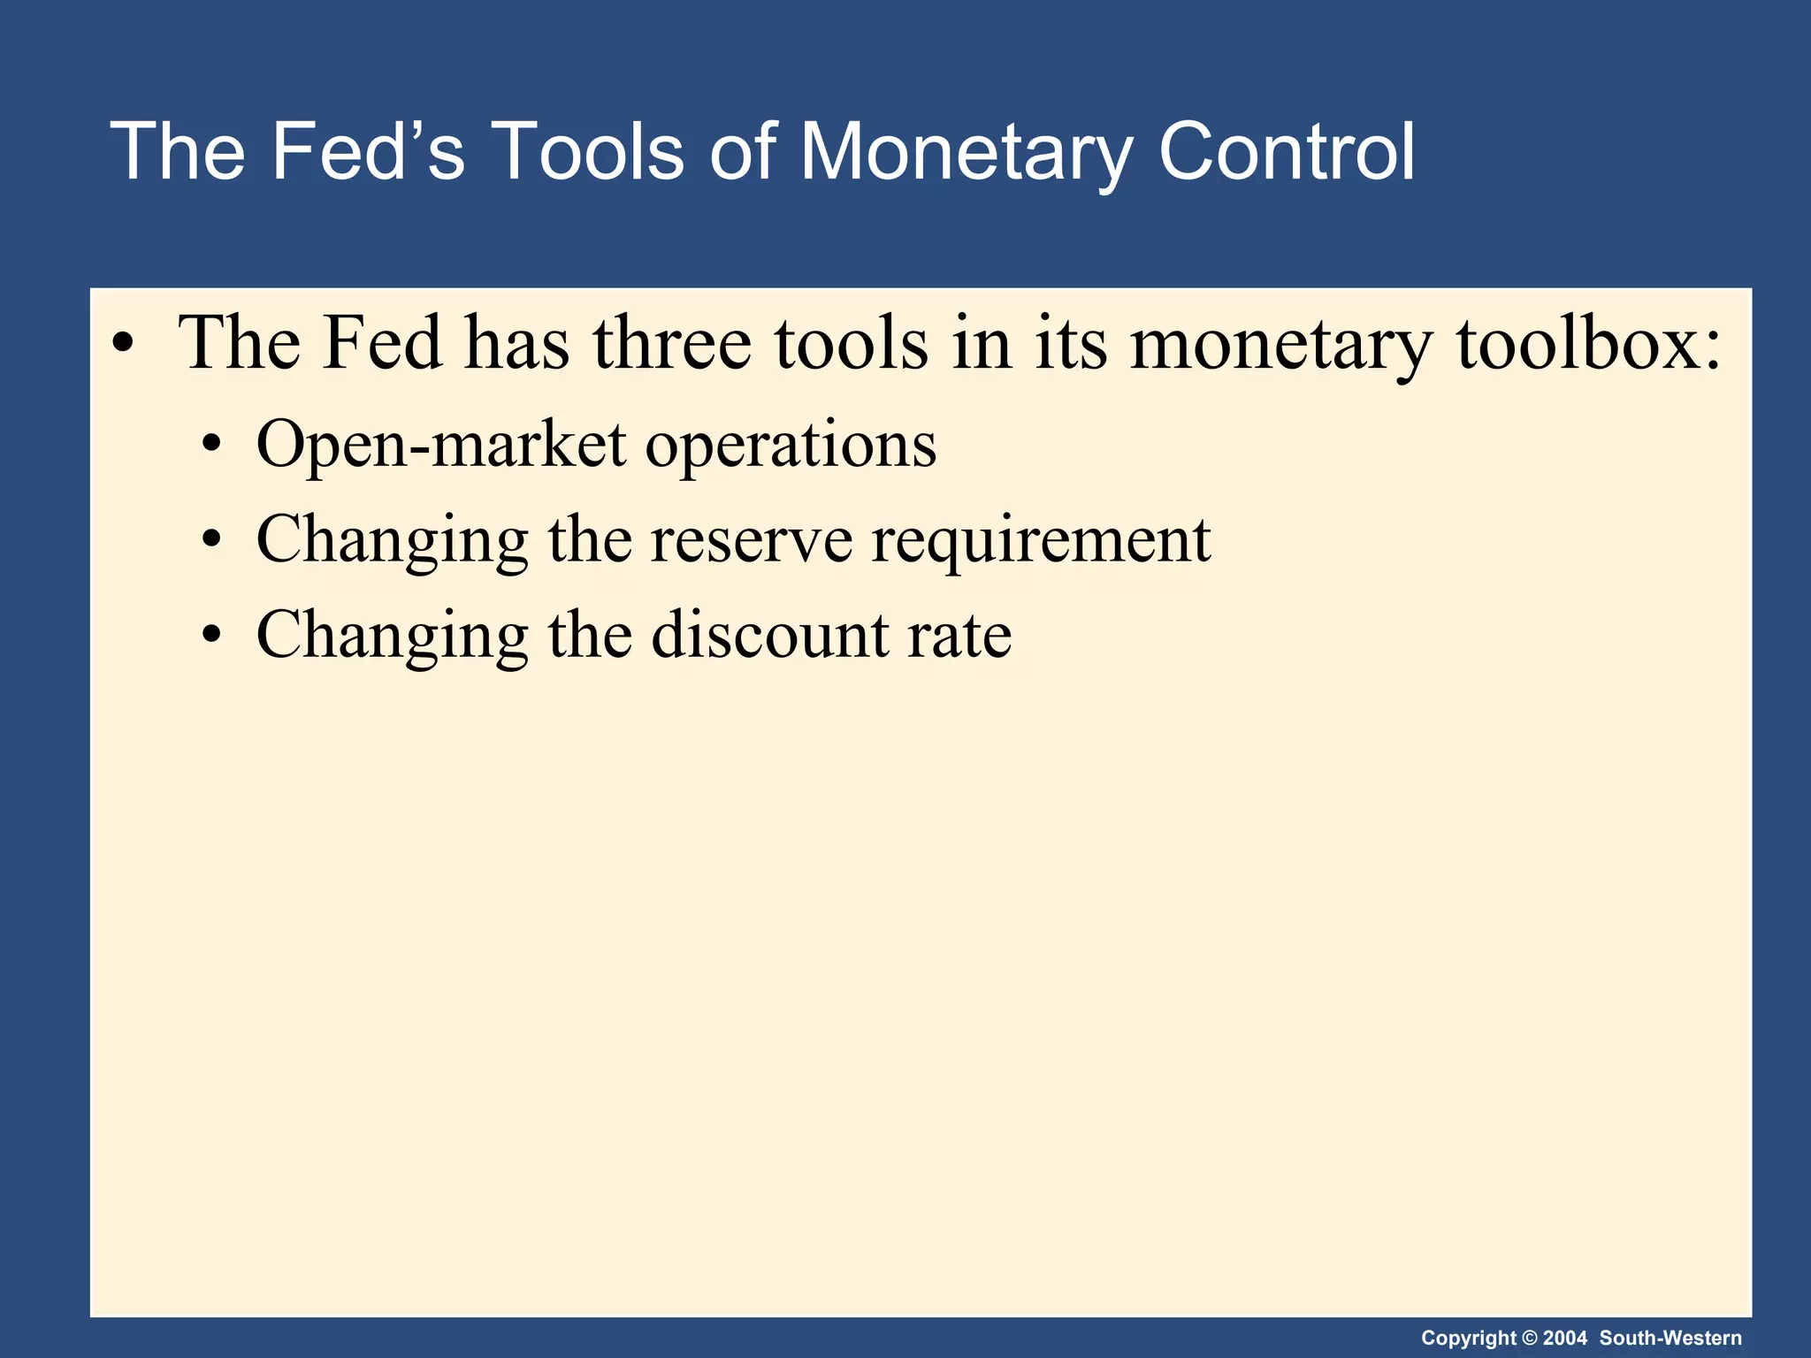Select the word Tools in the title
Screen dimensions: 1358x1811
[x=587, y=152]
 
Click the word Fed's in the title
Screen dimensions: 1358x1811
[x=367, y=152]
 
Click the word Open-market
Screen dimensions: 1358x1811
[x=441, y=445]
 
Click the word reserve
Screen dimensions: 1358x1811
[x=752, y=541]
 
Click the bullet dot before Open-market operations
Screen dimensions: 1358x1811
[x=210, y=445]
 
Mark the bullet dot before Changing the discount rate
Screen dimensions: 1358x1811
[x=210, y=635]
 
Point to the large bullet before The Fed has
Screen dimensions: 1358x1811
[x=124, y=345]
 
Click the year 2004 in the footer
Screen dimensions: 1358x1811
[x=1565, y=1338]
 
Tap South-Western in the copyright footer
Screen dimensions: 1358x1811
[x=1670, y=1338]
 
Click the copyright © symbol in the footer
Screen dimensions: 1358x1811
[x=1530, y=1338]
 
